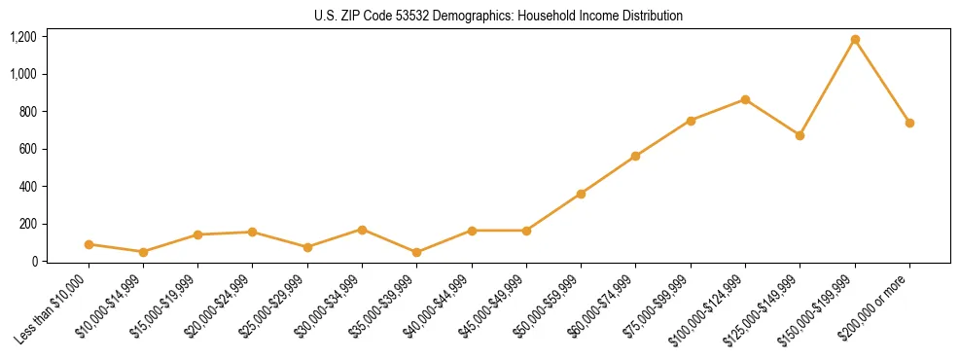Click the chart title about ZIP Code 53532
[x=498, y=16]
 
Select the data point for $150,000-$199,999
[x=855, y=40]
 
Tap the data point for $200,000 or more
[x=909, y=123]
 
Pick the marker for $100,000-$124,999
[x=745, y=99]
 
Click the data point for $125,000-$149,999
[x=800, y=135]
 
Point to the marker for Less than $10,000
[x=89, y=244]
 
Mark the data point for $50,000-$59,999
[x=581, y=194]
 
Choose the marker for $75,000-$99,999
[x=691, y=121]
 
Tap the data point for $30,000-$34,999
[x=362, y=230]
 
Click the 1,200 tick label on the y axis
[x=23, y=37]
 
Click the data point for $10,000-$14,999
[x=143, y=252]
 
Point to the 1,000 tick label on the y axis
[x=23, y=74]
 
